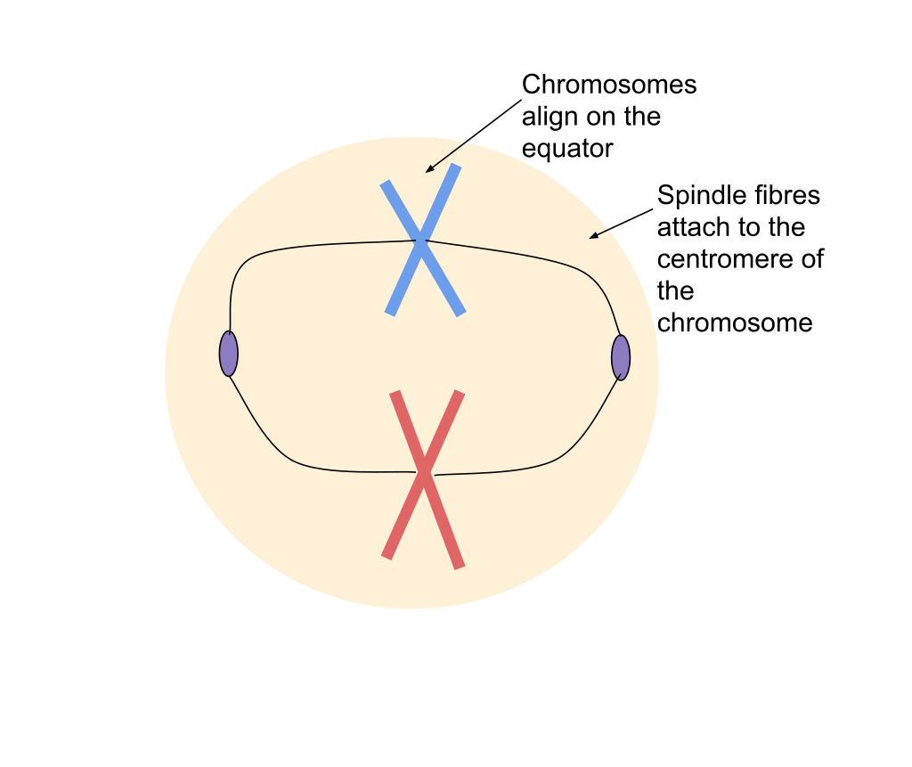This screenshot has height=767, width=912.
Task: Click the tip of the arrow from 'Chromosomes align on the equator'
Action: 426,173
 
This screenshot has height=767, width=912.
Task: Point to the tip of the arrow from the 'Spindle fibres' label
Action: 590,238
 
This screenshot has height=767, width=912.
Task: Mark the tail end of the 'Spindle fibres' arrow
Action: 653,209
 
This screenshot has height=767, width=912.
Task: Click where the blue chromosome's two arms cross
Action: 421,241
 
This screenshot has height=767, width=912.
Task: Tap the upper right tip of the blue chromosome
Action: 457,166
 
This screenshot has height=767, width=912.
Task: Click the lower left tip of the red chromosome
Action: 387,557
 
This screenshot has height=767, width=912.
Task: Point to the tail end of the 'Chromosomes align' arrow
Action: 521,100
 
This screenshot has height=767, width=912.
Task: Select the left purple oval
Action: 229,354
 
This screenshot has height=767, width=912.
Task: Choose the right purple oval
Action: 621,357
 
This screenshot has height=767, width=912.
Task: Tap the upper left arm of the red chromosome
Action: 407,430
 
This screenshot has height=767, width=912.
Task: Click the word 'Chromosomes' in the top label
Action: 609,85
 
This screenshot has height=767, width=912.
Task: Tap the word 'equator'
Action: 567,149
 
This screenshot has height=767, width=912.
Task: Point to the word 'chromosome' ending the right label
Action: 735,323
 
